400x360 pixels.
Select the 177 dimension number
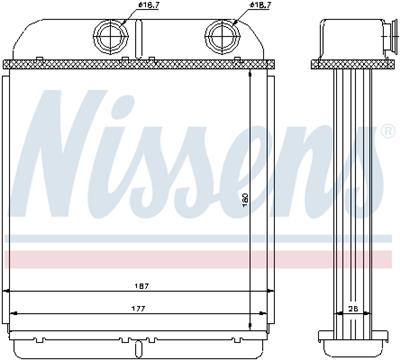tap(132, 309)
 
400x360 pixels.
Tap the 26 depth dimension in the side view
tap(353, 309)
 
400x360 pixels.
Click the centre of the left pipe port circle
tap(107, 38)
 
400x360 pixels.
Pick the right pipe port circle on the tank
tap(221, 38)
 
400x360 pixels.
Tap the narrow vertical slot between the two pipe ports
tap(164, 40)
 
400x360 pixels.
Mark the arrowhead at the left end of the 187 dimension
tap(10, 290)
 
